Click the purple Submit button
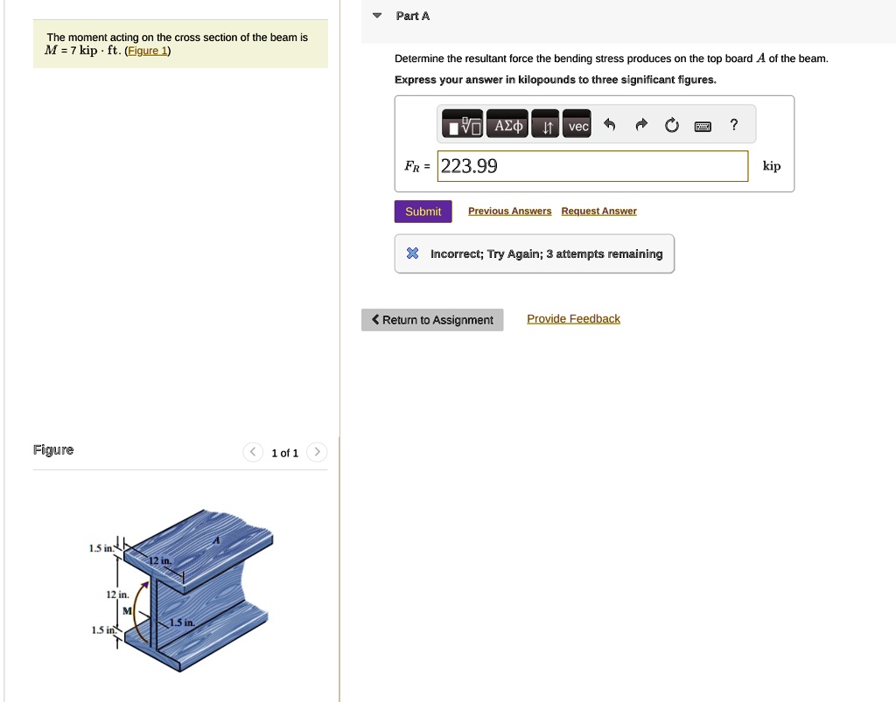pyautogui.click(x=423, y=212)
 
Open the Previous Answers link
pyautogui.click(x=509, y=212)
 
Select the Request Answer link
pyautogui.click(x=598, y=212)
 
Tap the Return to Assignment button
pyautogui.click(x=432, y=320)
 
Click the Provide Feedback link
pyautogui.click(x=573, y=319)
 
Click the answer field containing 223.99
pyautogui.click(x=592, y=166)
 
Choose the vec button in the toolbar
pyautogui.click(x=577, y=127)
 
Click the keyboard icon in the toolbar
pyautogui.click(x=703, y=127)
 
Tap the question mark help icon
pyautogui.click(x=734, y=126)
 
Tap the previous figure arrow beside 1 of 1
pyautogui.click(x=252, y=452)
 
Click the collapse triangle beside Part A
pyautogui.click(x=377, y=16)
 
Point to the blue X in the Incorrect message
pyautogui.click(x=412, y=254)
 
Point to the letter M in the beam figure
pyautogui.click(x=127, y=611)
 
